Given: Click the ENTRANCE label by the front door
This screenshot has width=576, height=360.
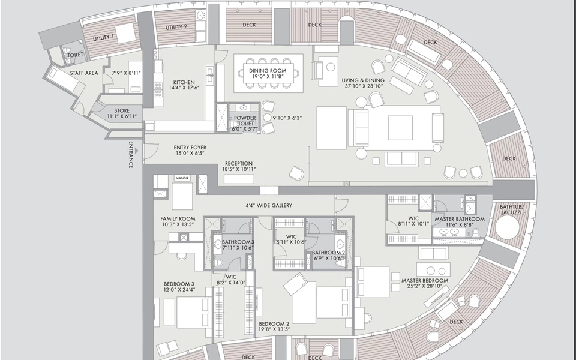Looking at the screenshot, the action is pyautogui.click(x=130, y=155).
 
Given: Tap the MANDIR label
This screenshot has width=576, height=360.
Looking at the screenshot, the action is pyautogui.click(x=182, y=178).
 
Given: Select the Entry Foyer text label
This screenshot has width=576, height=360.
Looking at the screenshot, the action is pyautogui.click(x=190, y=148).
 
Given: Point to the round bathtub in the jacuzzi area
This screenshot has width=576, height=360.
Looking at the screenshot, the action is pyautogui.click(x=507, y=227).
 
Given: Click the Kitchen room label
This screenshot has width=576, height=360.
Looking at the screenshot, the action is pyautogui.click(x=184, y=82).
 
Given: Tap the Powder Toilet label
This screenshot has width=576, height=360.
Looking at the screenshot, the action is pyautogui.click(x=245, y=121).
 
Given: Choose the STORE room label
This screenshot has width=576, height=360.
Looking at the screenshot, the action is pyautogui.click(x=122, y=110).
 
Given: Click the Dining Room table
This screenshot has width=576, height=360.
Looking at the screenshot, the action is pyautogui.click(x=268, y=73).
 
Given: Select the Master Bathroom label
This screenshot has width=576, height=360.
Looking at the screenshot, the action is pyautogui.click(x=460, y=220).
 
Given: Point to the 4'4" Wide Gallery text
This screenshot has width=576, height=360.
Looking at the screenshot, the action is pyautogui.click(x=269, y=205).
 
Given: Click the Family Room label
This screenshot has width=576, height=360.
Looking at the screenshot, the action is pyautogui.click(x=178, y=218).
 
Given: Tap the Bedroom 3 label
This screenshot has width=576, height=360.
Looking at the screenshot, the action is pyautogui.click(x=179, y=284).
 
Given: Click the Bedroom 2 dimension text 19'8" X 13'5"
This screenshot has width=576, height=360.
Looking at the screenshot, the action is pyautogui.click(x=274, y=329).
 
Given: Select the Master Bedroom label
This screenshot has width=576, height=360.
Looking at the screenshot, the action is pyautogui.click(x=425, y=281).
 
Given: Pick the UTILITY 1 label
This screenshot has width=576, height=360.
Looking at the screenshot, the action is pyautogui.click(x=103, y=38).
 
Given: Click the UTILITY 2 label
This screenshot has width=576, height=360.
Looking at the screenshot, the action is pyautogui.click(x=176, y=27).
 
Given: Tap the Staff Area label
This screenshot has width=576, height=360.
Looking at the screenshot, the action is pyautogui.click(x=84, y=73).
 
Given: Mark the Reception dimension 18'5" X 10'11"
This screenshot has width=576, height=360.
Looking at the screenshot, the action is pyautogui.click(x=239, y=169).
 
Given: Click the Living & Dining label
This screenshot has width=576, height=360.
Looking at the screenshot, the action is pyautogui.click(x=363, y=80).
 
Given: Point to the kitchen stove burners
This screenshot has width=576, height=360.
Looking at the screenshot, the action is pyautogui.click(x=158, y=89).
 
